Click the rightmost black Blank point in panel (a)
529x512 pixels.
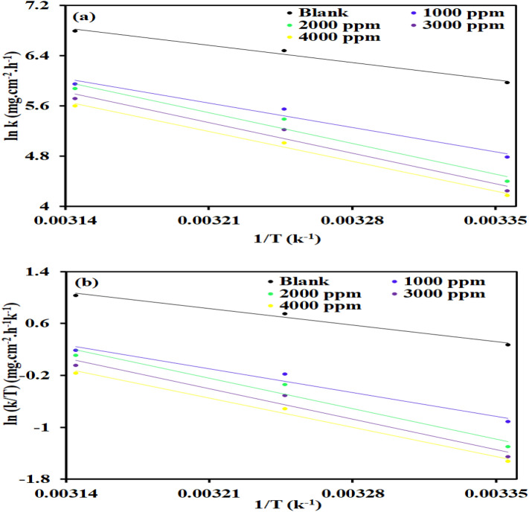click(507, 83)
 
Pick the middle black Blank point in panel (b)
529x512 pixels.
click(284, 314)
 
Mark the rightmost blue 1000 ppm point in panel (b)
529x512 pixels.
click(507, 422)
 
